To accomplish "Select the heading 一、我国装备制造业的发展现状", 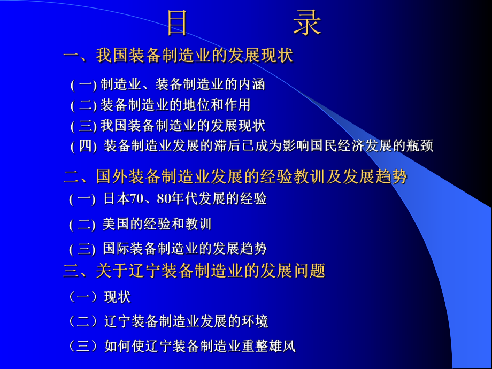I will point(178,55).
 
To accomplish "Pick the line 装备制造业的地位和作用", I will point(175,105).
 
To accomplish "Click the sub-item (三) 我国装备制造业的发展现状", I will point(167,126).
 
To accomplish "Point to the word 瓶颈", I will point(419,146).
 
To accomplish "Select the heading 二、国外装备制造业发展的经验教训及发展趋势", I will point(235,176).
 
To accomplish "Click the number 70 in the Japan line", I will point(137,199).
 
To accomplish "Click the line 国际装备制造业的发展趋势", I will point(184,249).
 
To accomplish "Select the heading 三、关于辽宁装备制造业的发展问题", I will point(194,271).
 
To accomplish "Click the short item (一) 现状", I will point(99,297).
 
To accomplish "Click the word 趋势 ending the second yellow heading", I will point(393,176).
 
